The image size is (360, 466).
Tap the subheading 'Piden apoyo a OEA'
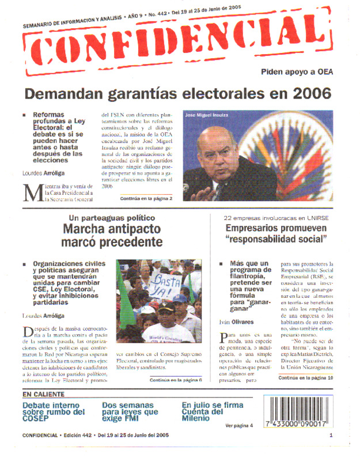click(297, 73)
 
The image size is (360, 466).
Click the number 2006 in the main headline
click(311, 93)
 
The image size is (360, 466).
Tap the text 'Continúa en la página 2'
click(146, 198)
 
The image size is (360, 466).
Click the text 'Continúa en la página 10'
click(305, 378)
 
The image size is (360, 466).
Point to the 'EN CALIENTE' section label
click(44, 395)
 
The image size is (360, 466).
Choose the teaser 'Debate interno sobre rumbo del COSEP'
click(54, 412)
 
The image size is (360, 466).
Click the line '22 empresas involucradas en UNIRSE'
click(273, 218)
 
